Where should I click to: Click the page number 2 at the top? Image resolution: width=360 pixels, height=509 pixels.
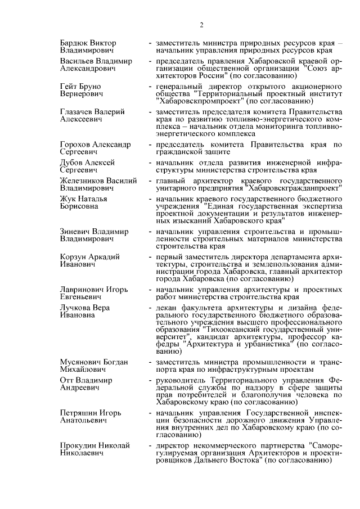coord(201,24)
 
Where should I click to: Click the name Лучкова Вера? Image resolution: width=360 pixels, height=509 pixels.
coord(85,308)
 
